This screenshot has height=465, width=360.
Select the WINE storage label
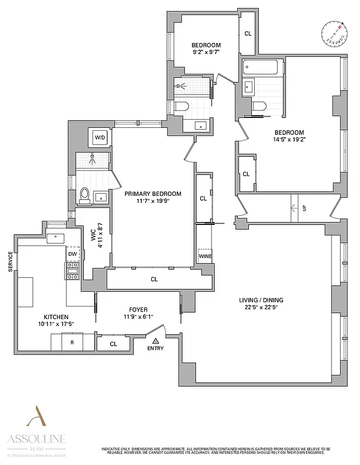[205, 256]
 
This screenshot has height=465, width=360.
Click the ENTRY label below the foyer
[155, 348]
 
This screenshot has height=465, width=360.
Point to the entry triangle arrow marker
[155, 340]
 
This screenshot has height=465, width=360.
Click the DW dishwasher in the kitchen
[73, 254]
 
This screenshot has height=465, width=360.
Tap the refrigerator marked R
[72, 343]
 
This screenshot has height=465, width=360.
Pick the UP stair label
[304, 208]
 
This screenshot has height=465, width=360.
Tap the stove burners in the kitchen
[73, 269]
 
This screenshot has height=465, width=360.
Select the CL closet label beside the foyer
[113, 344]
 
